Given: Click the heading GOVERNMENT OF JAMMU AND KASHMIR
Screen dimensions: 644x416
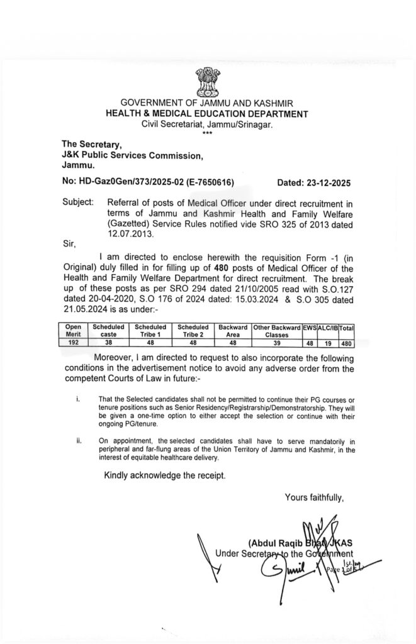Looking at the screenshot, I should tap(206, 103).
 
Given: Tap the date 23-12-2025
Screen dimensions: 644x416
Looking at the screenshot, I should tap(314, 182).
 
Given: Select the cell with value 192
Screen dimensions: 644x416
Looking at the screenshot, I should tap(74, 343).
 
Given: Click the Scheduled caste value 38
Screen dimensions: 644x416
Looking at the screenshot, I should tap(108, 343).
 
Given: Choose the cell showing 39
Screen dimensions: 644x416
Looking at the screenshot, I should tap(276, 343).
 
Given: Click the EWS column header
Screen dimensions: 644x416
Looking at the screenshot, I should tap(308, 327).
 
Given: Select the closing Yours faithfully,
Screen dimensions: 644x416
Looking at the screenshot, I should tap(314, 497).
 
